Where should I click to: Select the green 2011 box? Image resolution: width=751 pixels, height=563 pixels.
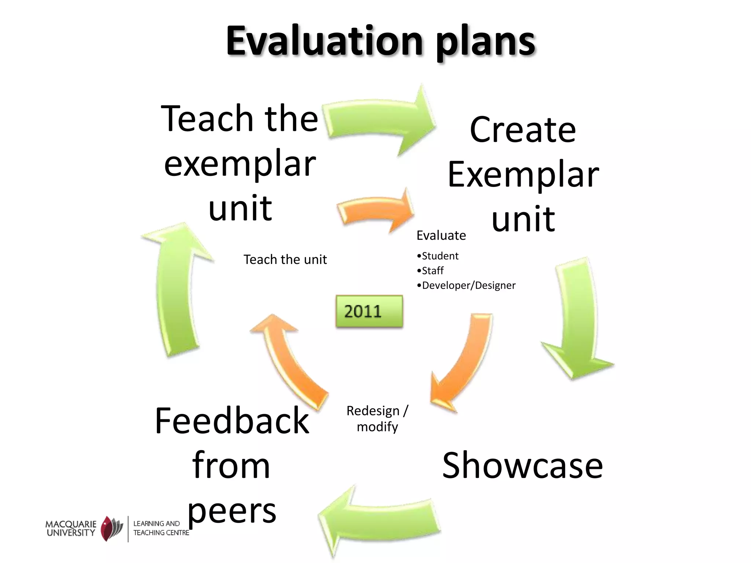(x=369, y=311)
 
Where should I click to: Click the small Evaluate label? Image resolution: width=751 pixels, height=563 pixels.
(x=441, y=235)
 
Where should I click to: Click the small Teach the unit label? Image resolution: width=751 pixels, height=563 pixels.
(x=285, y=260)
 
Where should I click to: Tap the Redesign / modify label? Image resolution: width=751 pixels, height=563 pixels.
(x=377, y=419)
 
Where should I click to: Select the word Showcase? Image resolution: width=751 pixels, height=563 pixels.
(x=522, y=466)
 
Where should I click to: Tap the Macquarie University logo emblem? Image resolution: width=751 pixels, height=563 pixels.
(x=112, y=528)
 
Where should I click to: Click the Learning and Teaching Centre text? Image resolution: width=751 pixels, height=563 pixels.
(x=160, y=528)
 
